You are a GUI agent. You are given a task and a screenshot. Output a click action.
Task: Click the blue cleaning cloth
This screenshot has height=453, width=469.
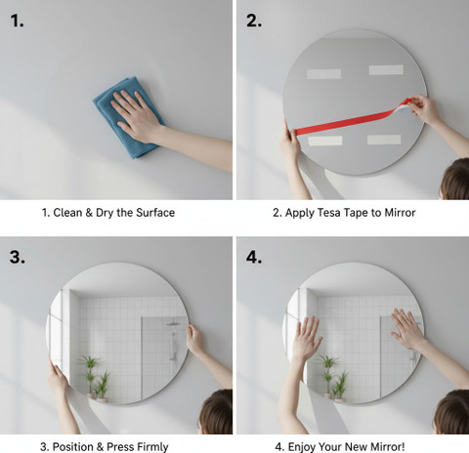click(x=129, y=118)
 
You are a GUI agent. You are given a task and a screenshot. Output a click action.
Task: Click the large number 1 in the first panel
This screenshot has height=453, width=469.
click(x=17, y=21)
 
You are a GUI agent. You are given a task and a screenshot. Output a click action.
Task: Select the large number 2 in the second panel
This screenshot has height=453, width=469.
click(x=254, y=21)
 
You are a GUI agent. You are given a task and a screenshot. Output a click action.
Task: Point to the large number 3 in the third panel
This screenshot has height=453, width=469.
click(x=17, y=257)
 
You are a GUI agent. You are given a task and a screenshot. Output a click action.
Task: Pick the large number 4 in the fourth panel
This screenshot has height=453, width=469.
click(x=254, y=257)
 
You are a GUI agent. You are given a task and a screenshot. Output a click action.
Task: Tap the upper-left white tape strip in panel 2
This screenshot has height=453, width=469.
click(x=323, y=74)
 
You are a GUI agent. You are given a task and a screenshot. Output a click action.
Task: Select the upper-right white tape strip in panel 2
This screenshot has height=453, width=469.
click(x=386, y=69)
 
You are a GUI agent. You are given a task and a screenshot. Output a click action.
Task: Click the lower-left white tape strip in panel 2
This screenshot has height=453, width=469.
click(x=325, y=141)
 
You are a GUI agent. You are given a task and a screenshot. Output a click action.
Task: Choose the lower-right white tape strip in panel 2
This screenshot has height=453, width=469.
click(x=384, y=140)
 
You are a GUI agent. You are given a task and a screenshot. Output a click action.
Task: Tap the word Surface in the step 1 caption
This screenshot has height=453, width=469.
click(x=155, y=213)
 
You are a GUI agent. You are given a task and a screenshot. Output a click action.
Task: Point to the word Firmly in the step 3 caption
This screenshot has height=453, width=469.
click(x=152, y=447)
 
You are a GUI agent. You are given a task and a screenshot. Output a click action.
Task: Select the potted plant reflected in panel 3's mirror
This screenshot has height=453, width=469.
click(x=95, y=378)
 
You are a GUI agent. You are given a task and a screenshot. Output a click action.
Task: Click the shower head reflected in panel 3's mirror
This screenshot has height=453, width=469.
click(x=173, y=324)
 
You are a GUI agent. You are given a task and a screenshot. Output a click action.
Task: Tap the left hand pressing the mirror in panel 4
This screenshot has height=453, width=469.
click(x=306, y=339)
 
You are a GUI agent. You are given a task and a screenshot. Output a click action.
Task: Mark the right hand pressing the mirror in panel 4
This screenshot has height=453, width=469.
click(x=407, y=329)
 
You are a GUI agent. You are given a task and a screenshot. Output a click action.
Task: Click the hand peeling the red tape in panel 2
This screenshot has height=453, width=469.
click(x=425, y=109)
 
